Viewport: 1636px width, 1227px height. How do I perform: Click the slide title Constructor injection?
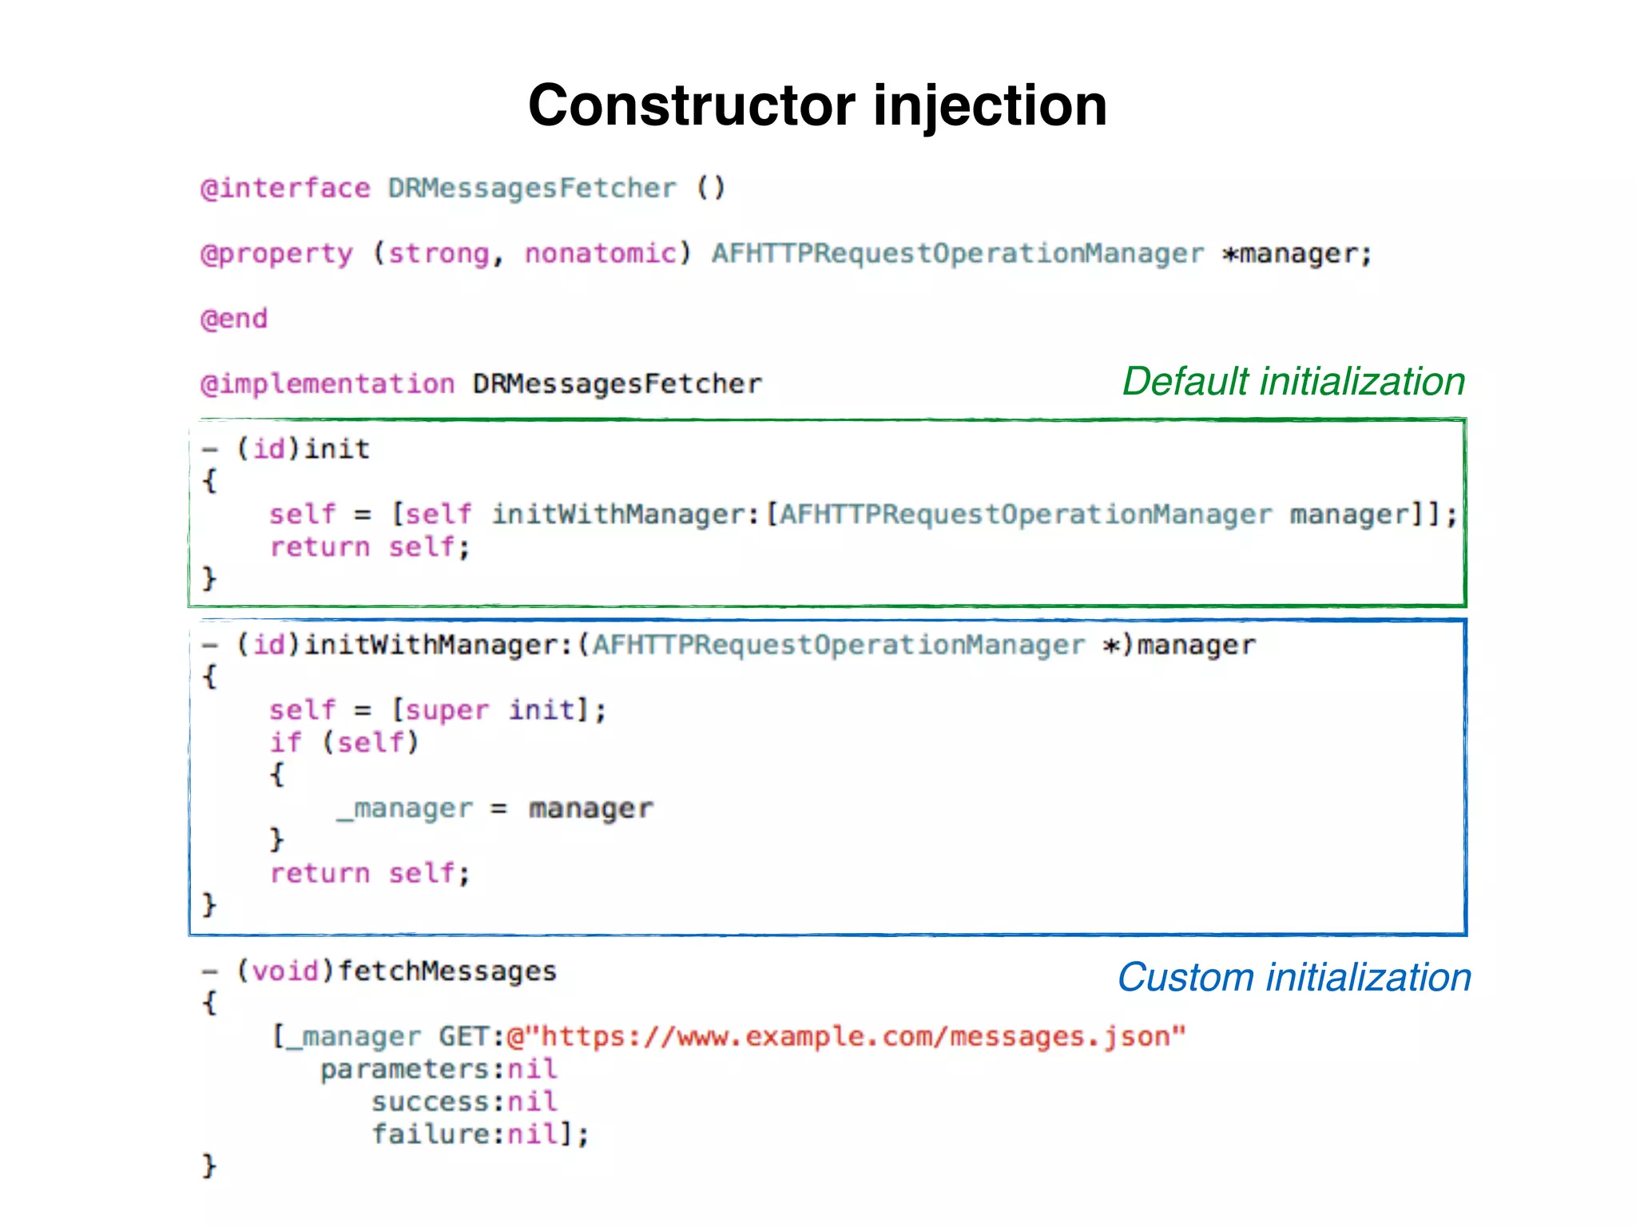coord(817,105)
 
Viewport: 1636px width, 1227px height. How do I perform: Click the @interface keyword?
coord(285,189)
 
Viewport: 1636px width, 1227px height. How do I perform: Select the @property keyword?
coord(276,254)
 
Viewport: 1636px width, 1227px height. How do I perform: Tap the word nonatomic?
coord(600,254)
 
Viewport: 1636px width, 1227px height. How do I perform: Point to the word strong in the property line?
coord(439,254)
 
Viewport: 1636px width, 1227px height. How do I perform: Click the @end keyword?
coord(234,319)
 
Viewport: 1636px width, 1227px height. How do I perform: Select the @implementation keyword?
coord(328,384)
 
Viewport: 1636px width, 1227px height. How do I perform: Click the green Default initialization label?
coord(1293,382)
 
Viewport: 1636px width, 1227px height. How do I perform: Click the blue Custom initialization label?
coord(1293,978)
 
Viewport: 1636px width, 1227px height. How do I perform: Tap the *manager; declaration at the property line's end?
coord(1296,254)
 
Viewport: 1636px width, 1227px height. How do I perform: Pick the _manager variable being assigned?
coord(405,809)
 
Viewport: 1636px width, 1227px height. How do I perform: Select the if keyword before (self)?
coord(285,743)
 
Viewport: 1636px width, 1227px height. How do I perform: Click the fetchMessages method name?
coord(447,971)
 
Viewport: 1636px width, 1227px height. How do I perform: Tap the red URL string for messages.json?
coord(847,1037)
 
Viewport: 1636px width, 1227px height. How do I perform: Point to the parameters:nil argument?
coord(439,1070)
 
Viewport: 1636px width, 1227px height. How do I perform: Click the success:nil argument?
coord(464,1102)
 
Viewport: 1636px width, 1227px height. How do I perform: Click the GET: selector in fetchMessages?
coord(471,1037)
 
